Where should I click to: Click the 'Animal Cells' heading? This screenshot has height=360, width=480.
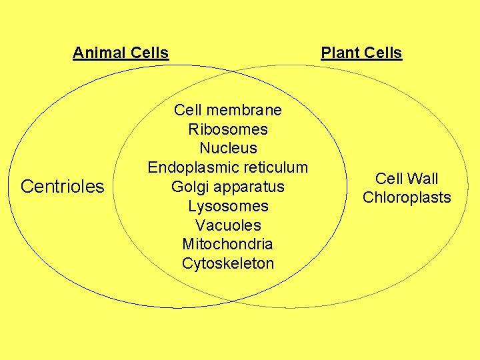pyautogui.click(x=121, y=53)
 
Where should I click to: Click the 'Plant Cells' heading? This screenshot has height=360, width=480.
pyautogui.click(x=361, y=53)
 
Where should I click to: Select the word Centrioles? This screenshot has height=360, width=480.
pyautogui.click(x=63, y=187)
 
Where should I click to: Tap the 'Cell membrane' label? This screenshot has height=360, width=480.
pyautogui.click(x=228, y=110)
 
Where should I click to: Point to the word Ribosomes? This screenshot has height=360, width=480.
pyautogui.click(x=228, y=129)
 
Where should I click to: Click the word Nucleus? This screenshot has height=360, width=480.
pyautogui.click(x=228, y=148)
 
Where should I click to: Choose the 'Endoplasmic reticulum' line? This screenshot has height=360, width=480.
pyautogui.click(x=228, y=167)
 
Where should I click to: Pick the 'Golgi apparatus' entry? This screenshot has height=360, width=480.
pyautogui.click(x=228, y=187)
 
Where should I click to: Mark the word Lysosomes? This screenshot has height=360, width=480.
pyautogui.click(x=228, y=206)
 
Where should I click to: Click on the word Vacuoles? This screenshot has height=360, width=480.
pyautogui.click(x=228, y=225)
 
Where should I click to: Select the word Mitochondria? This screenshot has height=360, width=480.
pyautogui.click(x=228, y=244)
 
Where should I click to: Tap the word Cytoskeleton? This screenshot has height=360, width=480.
pyautogui.click(x=228, y=263)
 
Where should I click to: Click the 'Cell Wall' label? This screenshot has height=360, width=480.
pyautogui.click(x=407, y=179)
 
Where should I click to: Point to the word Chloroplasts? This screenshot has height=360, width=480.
pyautogui.click(x=407, y=197)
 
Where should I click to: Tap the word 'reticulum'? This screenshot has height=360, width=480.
pyautogui.click(x=276, y=167)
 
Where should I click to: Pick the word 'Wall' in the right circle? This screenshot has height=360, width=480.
pyautogui.click(x=422, y=179)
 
